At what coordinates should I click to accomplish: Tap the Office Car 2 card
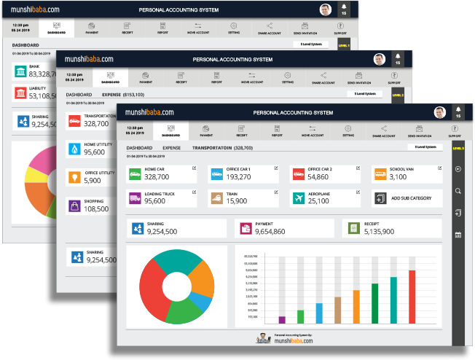[x=320, y=174]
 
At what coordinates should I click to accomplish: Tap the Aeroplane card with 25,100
[x=320, y=198]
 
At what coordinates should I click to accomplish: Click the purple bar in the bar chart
[x=282, y=319]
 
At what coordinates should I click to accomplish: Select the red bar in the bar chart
[x=412, y=296]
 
